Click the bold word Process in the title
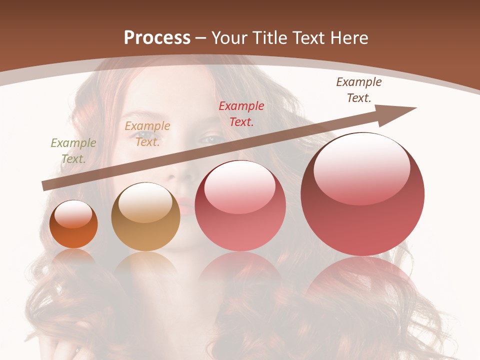coord(157,38)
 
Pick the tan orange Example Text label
coord(147,134)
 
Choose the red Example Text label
coord(241,113)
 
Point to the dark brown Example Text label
coord(358,90)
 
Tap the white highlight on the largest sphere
coord(361,167)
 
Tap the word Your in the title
coord(229,38)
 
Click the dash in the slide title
coord(201,38)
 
